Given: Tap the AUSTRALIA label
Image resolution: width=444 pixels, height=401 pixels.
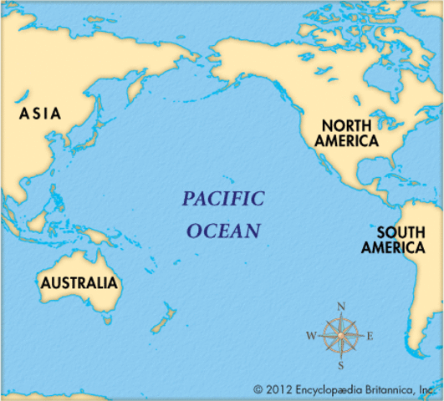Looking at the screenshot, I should point(79,282).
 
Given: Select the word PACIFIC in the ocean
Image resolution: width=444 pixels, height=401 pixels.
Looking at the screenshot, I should point(223,199).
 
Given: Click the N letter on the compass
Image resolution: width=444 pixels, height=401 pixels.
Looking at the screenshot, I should point(341,307).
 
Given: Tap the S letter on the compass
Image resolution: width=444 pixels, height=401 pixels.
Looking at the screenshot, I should point(341,365).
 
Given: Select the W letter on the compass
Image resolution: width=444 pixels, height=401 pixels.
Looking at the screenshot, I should point(311,337).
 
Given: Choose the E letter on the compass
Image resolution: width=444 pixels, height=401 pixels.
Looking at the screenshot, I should point(370,337).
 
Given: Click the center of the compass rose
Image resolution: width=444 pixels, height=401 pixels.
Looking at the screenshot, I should point(341,337).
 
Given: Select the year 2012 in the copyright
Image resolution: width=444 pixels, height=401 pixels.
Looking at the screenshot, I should point(278,389).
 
